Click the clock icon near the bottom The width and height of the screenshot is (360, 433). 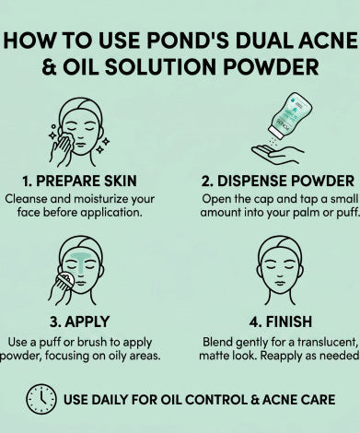coord(41,399)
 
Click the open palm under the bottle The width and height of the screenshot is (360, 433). coord(277,155)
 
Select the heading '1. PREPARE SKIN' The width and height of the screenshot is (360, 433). coord(79,181)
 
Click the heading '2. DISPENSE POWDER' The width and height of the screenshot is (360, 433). coord(278,181)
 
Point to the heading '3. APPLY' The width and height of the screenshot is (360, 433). coord(79,322)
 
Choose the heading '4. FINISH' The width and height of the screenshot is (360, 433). coord(281,322)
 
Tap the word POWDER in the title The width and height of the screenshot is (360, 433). coord(271,66)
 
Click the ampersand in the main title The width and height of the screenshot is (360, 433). coord(50,67)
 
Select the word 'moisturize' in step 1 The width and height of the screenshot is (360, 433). coord(101,199)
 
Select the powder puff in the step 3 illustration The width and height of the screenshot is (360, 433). coord(65,280)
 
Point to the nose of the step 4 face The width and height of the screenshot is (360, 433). coord(280,274)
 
